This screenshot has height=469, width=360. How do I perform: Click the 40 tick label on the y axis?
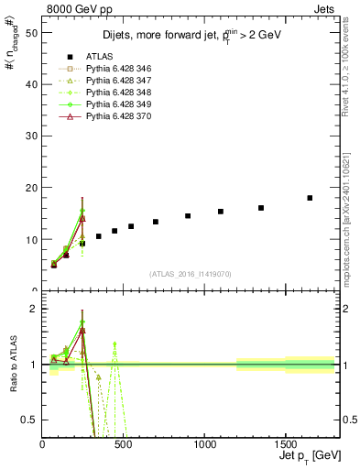[x=33, y=84]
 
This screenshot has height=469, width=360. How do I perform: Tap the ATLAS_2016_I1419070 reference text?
[x=191, y=274]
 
